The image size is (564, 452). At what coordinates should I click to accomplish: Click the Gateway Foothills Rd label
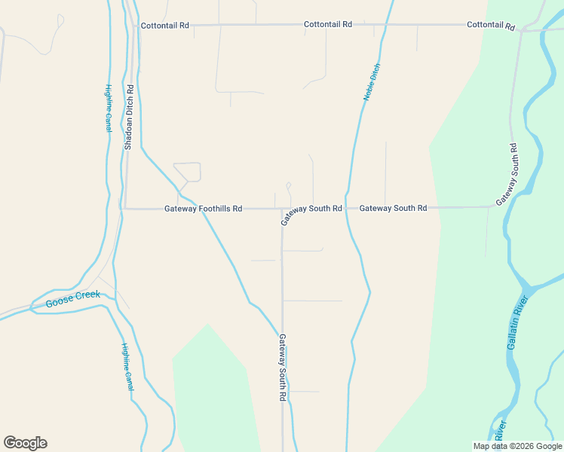tap(203, 209)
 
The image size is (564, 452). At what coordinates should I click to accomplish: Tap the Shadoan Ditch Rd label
tap(129, 116)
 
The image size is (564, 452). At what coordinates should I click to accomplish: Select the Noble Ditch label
tap(372, 82)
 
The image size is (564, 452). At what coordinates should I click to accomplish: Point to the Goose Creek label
tap(72, 299)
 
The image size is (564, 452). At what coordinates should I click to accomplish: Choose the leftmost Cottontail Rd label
tap(166, 26)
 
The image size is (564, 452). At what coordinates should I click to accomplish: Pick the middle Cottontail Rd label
tap(328, 25)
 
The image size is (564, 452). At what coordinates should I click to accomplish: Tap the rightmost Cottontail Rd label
tap(490, 25)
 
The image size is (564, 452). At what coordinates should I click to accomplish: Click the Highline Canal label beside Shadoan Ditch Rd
tap(109, 108)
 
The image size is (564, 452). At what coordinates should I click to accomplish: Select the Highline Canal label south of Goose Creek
tap(127, 366)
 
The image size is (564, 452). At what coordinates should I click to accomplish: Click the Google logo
tap(25, 443)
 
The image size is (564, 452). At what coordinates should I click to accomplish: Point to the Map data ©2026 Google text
tap(517, 446)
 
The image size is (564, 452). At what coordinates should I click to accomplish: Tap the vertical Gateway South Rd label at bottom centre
tap(283, 367)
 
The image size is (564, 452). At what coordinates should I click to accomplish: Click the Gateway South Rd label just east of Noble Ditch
tap(393, 208)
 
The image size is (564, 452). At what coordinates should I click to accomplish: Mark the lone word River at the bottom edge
tap(499, 432)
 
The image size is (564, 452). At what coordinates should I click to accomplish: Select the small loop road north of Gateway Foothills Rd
tap(188, 172)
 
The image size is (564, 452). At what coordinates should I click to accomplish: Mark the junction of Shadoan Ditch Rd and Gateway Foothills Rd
tap(125, 209)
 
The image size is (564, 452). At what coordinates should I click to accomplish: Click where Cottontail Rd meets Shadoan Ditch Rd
tap(136, 26)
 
